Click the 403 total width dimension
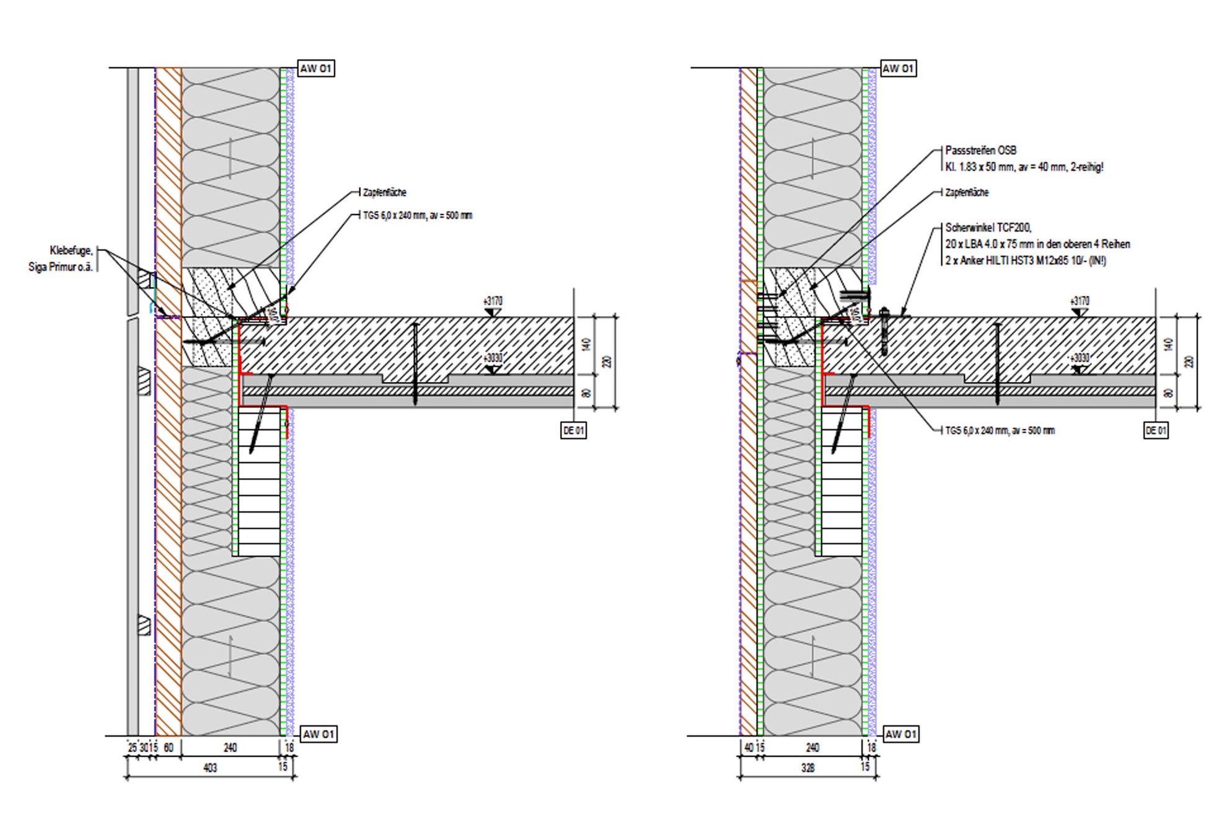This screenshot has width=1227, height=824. click(x=210, y=768)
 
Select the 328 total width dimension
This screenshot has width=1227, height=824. click(x=807, y=768)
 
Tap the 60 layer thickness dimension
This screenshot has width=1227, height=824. click(x=168, y=748)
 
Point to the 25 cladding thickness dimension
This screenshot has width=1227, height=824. click(x=132, y=748)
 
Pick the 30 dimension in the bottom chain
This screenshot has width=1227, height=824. click(x=144, y=748)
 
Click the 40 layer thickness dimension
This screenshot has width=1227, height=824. click(x=748, y=748)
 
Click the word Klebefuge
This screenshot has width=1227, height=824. click(x=71, y=250)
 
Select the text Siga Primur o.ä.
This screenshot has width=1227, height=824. click(x=61, y=267)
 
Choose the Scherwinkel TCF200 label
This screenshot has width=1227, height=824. click(x=988, y=228)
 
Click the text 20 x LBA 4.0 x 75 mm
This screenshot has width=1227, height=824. click(x=992, y=244)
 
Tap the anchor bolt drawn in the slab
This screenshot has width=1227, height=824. click(x=884, y=332)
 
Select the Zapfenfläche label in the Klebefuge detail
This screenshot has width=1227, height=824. click(x=384, y=193)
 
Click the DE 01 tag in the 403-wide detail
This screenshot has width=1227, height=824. click(x=573, y=430)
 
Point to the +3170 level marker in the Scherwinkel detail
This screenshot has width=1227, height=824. click(x=1079, y=301)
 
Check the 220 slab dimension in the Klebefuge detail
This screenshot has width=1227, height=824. click(x=607, y=361)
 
